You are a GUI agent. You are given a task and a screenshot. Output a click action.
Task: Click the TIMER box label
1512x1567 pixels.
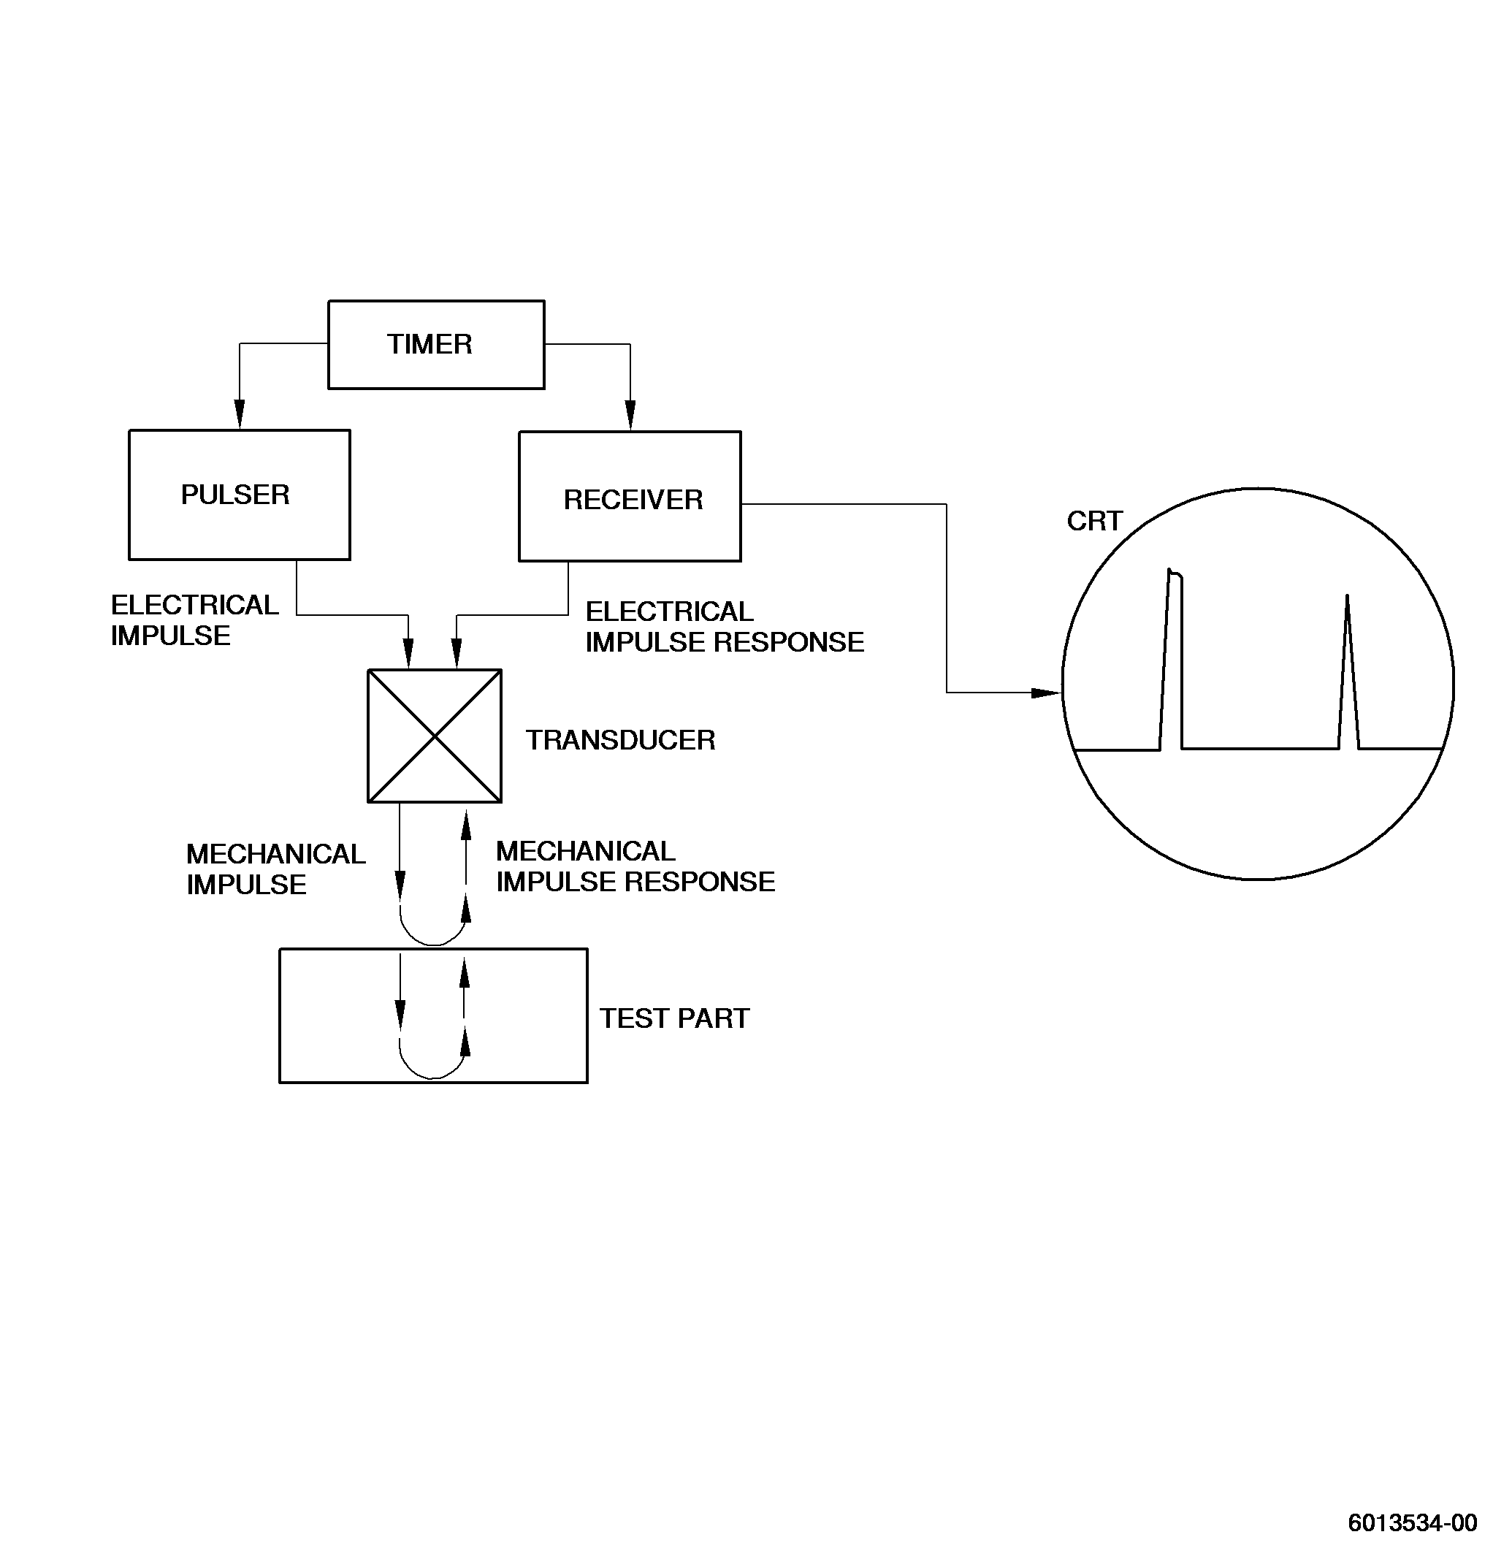[429, 345]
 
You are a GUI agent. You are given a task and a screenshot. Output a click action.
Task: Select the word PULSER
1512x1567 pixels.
[235, 495]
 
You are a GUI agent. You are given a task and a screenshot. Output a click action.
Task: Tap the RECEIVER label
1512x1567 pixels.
[633, 500]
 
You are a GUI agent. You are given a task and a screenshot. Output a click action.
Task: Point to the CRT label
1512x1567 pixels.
[1095, 522]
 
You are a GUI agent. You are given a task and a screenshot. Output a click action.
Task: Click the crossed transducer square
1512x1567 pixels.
[434, 736]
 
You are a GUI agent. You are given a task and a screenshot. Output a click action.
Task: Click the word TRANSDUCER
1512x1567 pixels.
[620, 740]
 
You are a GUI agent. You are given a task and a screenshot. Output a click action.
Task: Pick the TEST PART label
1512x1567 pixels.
[675, 1018]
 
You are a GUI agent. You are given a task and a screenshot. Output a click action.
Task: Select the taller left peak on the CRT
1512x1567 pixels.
[1172, 660]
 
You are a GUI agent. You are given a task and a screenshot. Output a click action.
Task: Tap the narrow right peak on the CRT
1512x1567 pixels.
[1348, 671]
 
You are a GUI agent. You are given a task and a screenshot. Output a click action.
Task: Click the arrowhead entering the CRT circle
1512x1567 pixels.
[1046, 693]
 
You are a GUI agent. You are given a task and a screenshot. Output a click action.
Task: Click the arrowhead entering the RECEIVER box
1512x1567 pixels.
[630, 416]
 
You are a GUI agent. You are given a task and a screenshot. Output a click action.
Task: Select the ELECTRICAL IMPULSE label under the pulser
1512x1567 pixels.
[194, 620]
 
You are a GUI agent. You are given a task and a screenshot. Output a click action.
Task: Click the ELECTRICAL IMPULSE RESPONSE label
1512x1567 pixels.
[725, 627]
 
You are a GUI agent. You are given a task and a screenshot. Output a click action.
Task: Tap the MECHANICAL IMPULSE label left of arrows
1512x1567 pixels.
[276, 870]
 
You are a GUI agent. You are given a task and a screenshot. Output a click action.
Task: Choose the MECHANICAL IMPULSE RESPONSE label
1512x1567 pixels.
[635, 866]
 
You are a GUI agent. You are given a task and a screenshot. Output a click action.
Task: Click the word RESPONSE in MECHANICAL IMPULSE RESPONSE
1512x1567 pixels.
[700, 882]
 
